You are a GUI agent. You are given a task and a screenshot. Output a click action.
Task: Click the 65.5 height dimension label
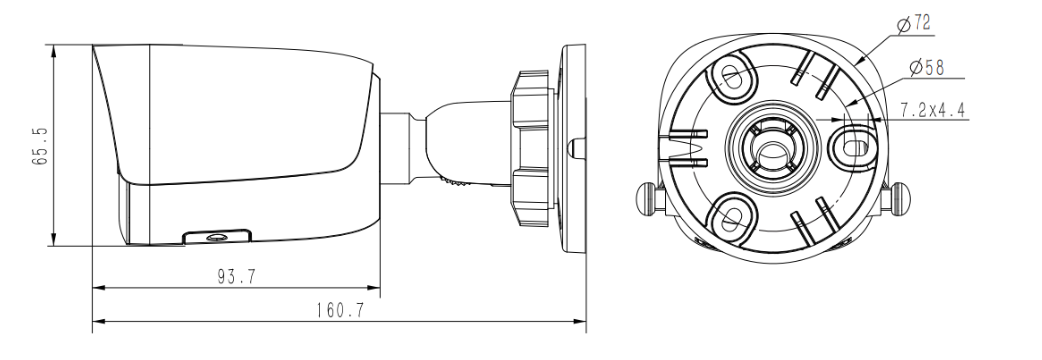click(x=41, y=146)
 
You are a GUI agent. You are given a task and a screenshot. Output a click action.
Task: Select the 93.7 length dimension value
click(x=237, y=276)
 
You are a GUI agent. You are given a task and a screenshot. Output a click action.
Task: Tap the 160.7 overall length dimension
click(x=340, y=310)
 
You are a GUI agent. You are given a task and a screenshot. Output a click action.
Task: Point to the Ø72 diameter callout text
click(x=914, y=25)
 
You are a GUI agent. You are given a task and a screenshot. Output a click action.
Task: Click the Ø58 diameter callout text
click(x=926, y=67)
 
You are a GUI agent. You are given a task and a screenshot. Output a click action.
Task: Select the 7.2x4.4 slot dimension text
click(x=933, y=110)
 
